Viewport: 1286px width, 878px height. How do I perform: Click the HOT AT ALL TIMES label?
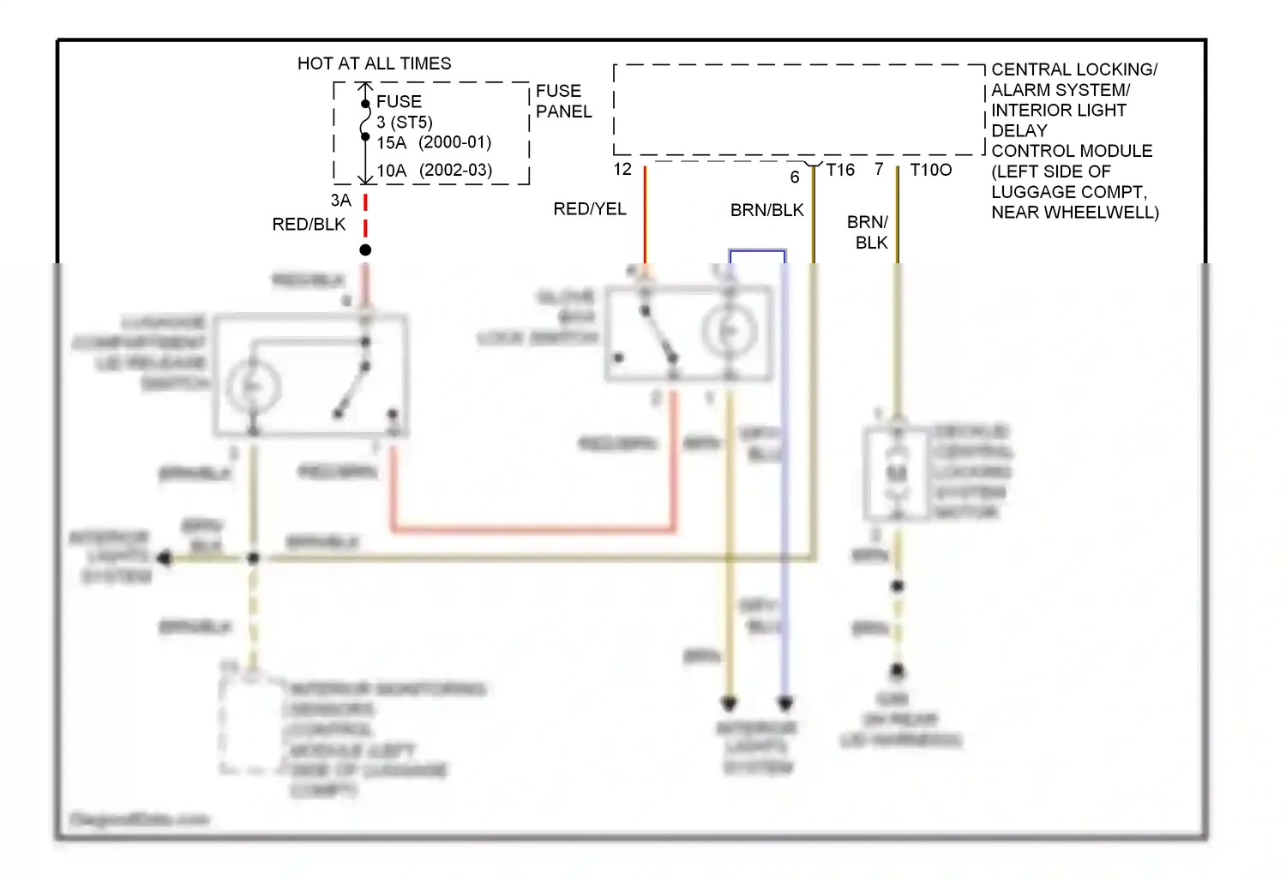[x=374, y=63]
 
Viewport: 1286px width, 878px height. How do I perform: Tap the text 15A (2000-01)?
[x=434, y=142]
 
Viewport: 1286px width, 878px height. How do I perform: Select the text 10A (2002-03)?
[x=434, y=170]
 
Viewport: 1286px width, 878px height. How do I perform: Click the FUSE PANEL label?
[x=563, y=101]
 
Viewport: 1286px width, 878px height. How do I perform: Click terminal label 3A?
[x=340, y=200]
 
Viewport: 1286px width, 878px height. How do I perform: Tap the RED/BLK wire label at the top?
[x=309, y=224]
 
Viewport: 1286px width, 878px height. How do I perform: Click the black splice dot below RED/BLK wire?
[x=365, y=250]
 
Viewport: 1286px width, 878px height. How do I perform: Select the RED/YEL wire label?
[x=590, y=208]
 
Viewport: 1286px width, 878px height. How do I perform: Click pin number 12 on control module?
[x=622, y=169]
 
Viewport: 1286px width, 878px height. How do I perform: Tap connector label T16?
[x=840, y=170]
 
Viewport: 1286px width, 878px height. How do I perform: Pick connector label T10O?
[x=930, y=170]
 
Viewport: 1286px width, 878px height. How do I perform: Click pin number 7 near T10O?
[x=879, y=169]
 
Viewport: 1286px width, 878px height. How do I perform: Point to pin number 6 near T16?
[x=795, y=177]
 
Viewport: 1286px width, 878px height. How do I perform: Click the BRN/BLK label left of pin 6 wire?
[x=766, y=210]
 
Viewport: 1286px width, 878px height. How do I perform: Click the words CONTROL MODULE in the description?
[x=1072, y=151]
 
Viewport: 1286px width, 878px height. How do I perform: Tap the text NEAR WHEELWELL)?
[x=1074, y=212]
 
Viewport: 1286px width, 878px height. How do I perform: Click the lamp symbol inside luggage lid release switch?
[x=254, y=388]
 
